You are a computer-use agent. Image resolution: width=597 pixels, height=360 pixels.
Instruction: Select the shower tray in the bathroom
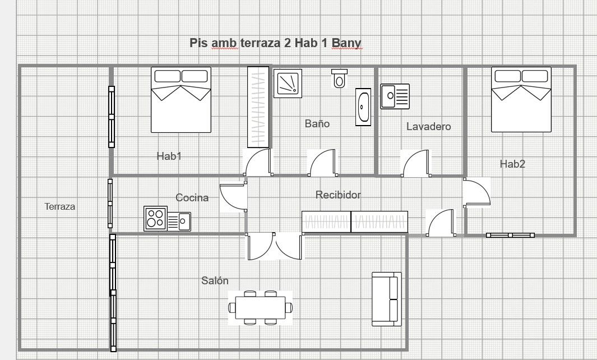(x=288, y=84)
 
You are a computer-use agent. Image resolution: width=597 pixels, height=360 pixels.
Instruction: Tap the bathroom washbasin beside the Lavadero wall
(x=363, y=107)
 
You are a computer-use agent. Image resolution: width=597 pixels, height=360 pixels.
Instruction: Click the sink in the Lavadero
(x=395, y=96)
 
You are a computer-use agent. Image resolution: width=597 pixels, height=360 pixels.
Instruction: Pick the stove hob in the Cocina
(x=155, y=219)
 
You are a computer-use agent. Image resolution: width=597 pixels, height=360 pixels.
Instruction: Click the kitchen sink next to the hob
(x=179, y=221)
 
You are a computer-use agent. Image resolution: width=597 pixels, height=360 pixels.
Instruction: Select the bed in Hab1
(x=181, y=100)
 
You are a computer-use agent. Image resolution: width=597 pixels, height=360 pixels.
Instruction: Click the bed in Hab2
(x=521, y=99)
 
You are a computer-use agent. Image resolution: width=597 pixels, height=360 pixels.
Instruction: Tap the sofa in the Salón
(x=387, y=299)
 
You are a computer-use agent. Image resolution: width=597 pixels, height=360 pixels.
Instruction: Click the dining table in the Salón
(x=261, y=308)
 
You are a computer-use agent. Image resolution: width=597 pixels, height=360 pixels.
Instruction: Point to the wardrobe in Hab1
(x=258, y=107)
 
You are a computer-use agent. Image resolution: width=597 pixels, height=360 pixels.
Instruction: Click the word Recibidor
(x=338, y=195)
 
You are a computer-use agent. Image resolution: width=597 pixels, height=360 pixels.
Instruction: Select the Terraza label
(x=60, y=207)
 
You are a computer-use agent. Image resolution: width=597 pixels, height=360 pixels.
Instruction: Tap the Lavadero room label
(x=429, y=127)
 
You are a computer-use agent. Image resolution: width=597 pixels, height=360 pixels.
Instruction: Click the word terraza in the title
(x=261, y=43)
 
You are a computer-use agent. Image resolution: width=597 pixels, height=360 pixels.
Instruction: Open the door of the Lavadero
(x=416, y=163)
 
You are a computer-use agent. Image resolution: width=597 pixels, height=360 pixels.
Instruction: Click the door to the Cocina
(x=233, y=197)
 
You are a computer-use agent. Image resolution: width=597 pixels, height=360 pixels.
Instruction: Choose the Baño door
(x=323, y=163)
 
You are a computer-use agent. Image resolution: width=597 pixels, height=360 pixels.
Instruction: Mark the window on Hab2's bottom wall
(x=510, y=236)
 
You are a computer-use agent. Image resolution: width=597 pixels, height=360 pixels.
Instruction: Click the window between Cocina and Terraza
(x=110, y=204)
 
